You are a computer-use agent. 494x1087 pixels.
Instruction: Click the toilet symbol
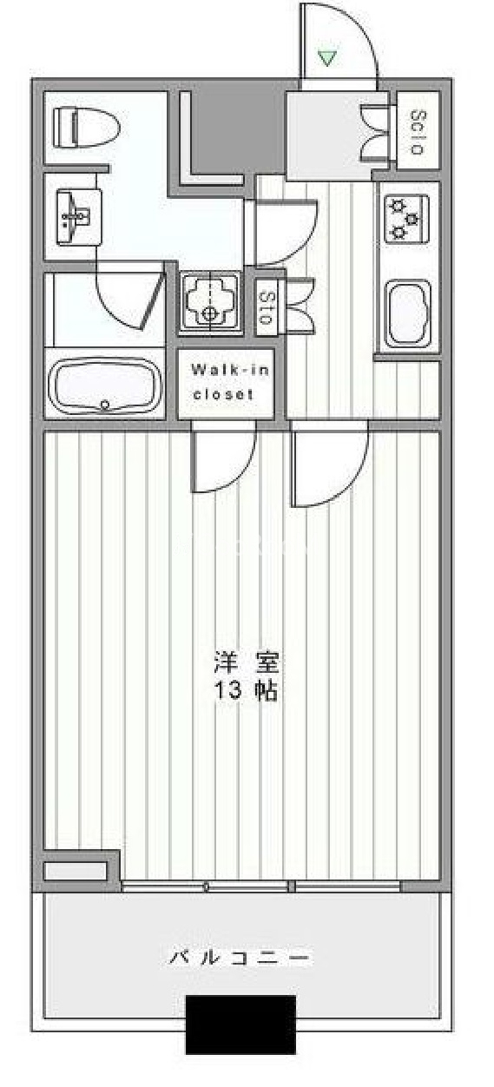(x=86, y=128)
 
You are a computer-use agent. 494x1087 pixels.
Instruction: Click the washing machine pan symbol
(x=209, y=303)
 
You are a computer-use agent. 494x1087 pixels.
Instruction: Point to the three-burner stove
(x=406, y=219)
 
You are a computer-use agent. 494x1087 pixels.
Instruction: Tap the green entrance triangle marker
(x=327, y=58)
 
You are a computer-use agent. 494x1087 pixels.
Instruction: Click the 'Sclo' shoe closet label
(x=418, y=132)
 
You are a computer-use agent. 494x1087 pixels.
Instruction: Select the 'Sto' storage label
(x=265, y=307)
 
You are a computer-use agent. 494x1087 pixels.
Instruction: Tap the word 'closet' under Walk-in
(x=223, y=394)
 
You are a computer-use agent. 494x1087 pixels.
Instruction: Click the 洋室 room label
(x=247, y=663)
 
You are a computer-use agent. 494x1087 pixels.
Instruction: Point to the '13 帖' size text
(x=247, y=690)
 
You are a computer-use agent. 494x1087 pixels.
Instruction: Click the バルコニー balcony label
(x=239, y=958)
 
